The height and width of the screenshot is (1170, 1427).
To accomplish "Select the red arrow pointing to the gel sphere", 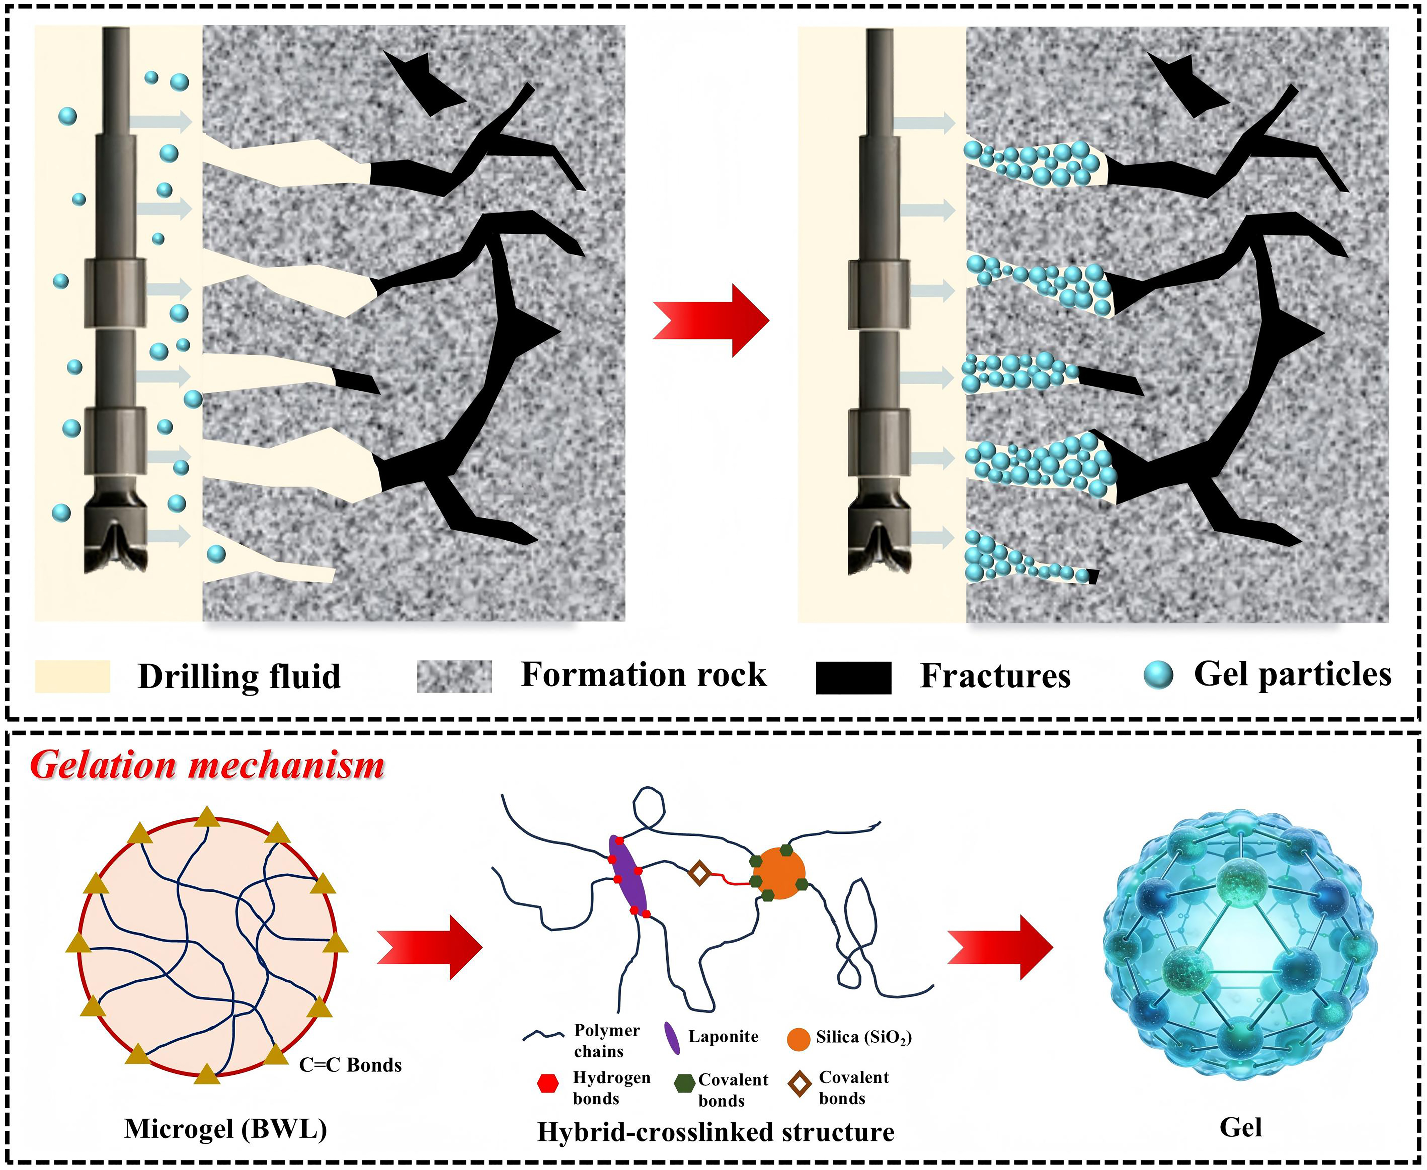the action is (1000, 947).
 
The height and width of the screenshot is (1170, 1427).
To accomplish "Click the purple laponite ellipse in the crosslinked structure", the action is (628, 875).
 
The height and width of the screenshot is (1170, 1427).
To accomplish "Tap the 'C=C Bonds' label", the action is (350, 1065).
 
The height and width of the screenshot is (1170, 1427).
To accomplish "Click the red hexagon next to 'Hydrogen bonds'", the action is (548, 1083).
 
